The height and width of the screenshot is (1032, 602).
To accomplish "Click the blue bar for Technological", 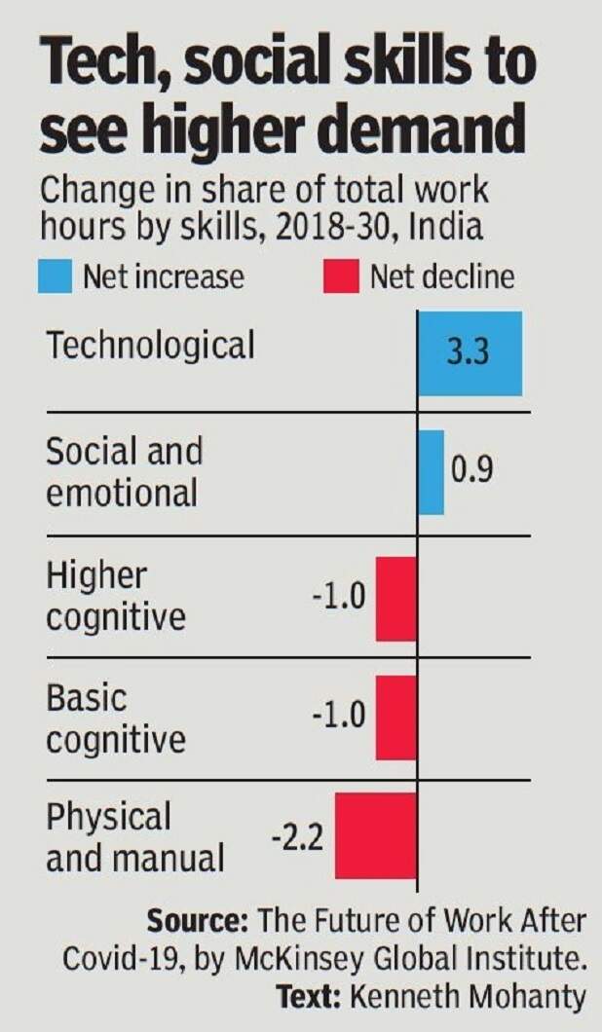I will [x=470, y=353].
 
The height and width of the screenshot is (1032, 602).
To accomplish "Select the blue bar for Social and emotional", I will [x=431, y=472].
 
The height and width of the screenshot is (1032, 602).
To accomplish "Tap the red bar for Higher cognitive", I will [x=395, y=599].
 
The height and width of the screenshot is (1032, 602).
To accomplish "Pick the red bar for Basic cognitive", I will [x=395, y=718].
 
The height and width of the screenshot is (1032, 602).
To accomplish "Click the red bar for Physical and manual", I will [x=376, y=835].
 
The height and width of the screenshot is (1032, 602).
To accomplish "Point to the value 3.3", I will [x=470, y=353].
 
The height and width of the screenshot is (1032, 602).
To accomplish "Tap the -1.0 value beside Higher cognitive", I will [x=339, y=595].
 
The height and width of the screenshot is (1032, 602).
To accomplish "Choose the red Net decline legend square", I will [x=340, y=277].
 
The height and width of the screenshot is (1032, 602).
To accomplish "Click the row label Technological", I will [x=150, y=345].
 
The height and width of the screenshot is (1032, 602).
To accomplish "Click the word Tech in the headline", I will [x=97, y=66].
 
